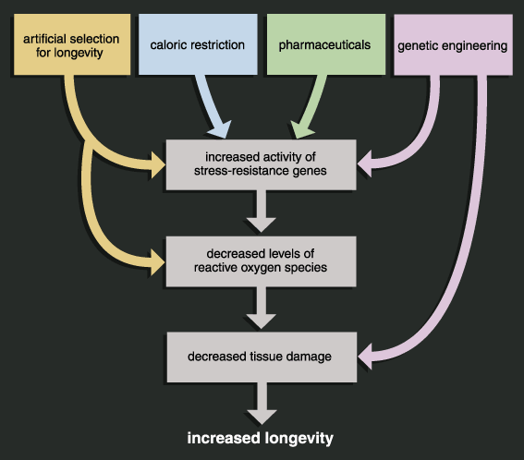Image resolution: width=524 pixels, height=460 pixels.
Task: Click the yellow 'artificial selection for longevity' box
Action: (72, 44)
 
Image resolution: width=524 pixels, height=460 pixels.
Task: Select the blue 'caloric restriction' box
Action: (198, 44)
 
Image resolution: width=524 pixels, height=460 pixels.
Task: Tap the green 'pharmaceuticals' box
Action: (326, 44)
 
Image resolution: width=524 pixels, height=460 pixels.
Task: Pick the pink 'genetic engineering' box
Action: (453, 44)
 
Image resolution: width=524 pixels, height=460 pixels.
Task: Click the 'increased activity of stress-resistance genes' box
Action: (261, 164)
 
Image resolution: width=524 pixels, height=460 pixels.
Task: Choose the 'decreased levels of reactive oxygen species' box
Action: (261, 261)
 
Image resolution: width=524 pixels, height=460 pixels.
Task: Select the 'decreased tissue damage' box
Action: (262, 357)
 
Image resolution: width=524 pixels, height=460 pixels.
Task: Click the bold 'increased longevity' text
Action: (261, 438)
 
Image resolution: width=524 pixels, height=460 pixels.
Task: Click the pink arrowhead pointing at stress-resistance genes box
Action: (365, 164)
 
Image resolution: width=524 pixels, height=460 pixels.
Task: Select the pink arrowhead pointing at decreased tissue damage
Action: (365, 357)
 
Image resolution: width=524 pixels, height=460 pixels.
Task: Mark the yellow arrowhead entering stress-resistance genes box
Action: (158, 165)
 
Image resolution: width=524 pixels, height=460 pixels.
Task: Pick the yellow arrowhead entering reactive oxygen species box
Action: (158, 262)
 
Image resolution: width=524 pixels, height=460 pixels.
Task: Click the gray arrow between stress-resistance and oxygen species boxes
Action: (262, 212)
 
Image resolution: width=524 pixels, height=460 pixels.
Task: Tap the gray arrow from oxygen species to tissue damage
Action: (262, 308)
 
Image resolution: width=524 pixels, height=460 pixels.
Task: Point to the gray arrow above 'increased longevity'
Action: (262, 404)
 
